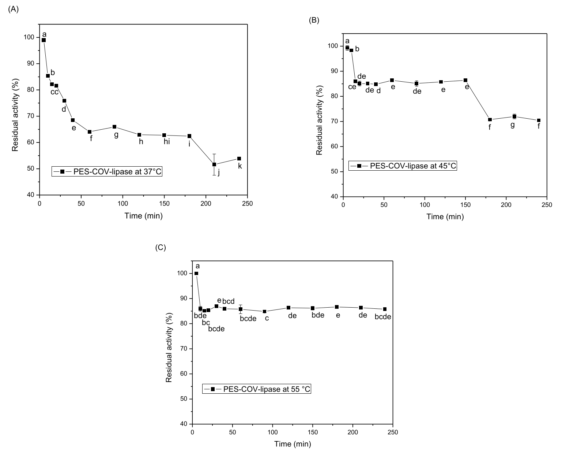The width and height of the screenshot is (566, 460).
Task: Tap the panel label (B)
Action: click(314, 20)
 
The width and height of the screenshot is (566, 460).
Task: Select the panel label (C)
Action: click(161, 248)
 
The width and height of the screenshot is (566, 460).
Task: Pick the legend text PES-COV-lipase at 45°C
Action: click(413, 166)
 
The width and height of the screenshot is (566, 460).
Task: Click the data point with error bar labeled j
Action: click(214, 164)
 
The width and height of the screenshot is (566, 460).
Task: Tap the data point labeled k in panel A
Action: click(239, 159)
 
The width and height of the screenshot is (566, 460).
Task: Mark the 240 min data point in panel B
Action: click(539, 120)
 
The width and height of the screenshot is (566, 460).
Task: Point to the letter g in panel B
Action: click(513, 125)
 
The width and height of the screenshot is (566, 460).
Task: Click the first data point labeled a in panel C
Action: click(196, 273)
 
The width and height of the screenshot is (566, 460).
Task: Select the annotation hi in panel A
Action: click(167, 142)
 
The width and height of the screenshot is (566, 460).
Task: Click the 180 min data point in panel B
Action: click(490, 119)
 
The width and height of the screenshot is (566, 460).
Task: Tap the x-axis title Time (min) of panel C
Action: click(293, 444)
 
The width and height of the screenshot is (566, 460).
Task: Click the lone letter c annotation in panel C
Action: click(267, 318)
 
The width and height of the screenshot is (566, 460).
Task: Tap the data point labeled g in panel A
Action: click(114, 127)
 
